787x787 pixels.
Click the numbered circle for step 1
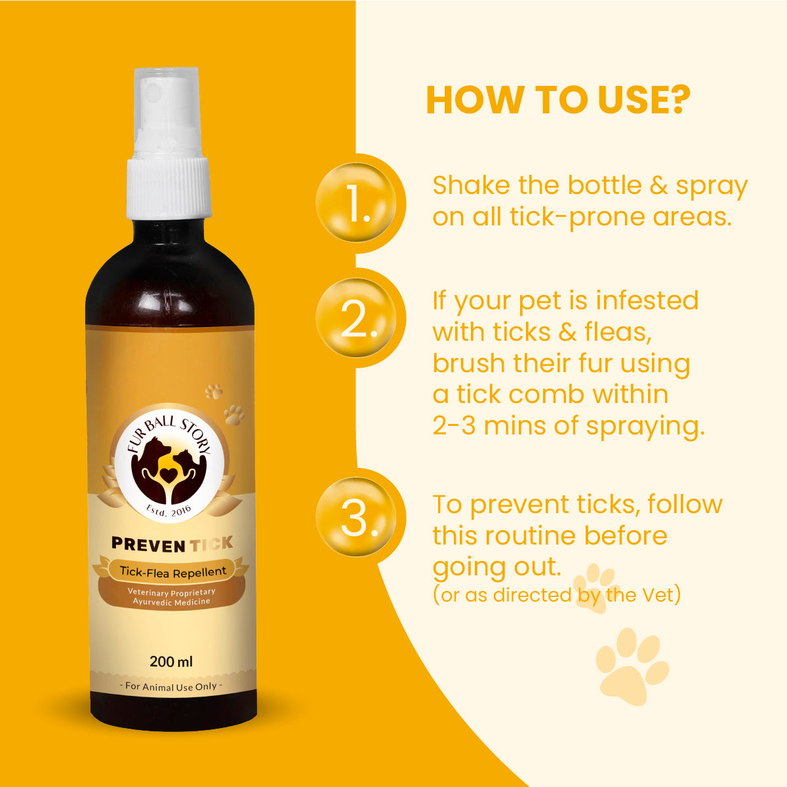(x=356, y=202)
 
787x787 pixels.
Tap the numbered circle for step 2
(x=356, y=318)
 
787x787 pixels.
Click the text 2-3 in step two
(x=454, y=426)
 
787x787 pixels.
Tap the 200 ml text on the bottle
(x=171, y=661)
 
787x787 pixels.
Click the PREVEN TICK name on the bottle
(x=172, y=545)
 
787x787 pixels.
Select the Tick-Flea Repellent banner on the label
(x=172, y=572)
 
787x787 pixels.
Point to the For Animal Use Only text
(x=171, y=687)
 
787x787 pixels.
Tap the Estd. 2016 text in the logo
(x=169, y=510)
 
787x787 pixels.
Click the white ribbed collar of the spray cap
(x=169, y=188)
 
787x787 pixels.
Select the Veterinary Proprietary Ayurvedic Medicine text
(x=171, y=597)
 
